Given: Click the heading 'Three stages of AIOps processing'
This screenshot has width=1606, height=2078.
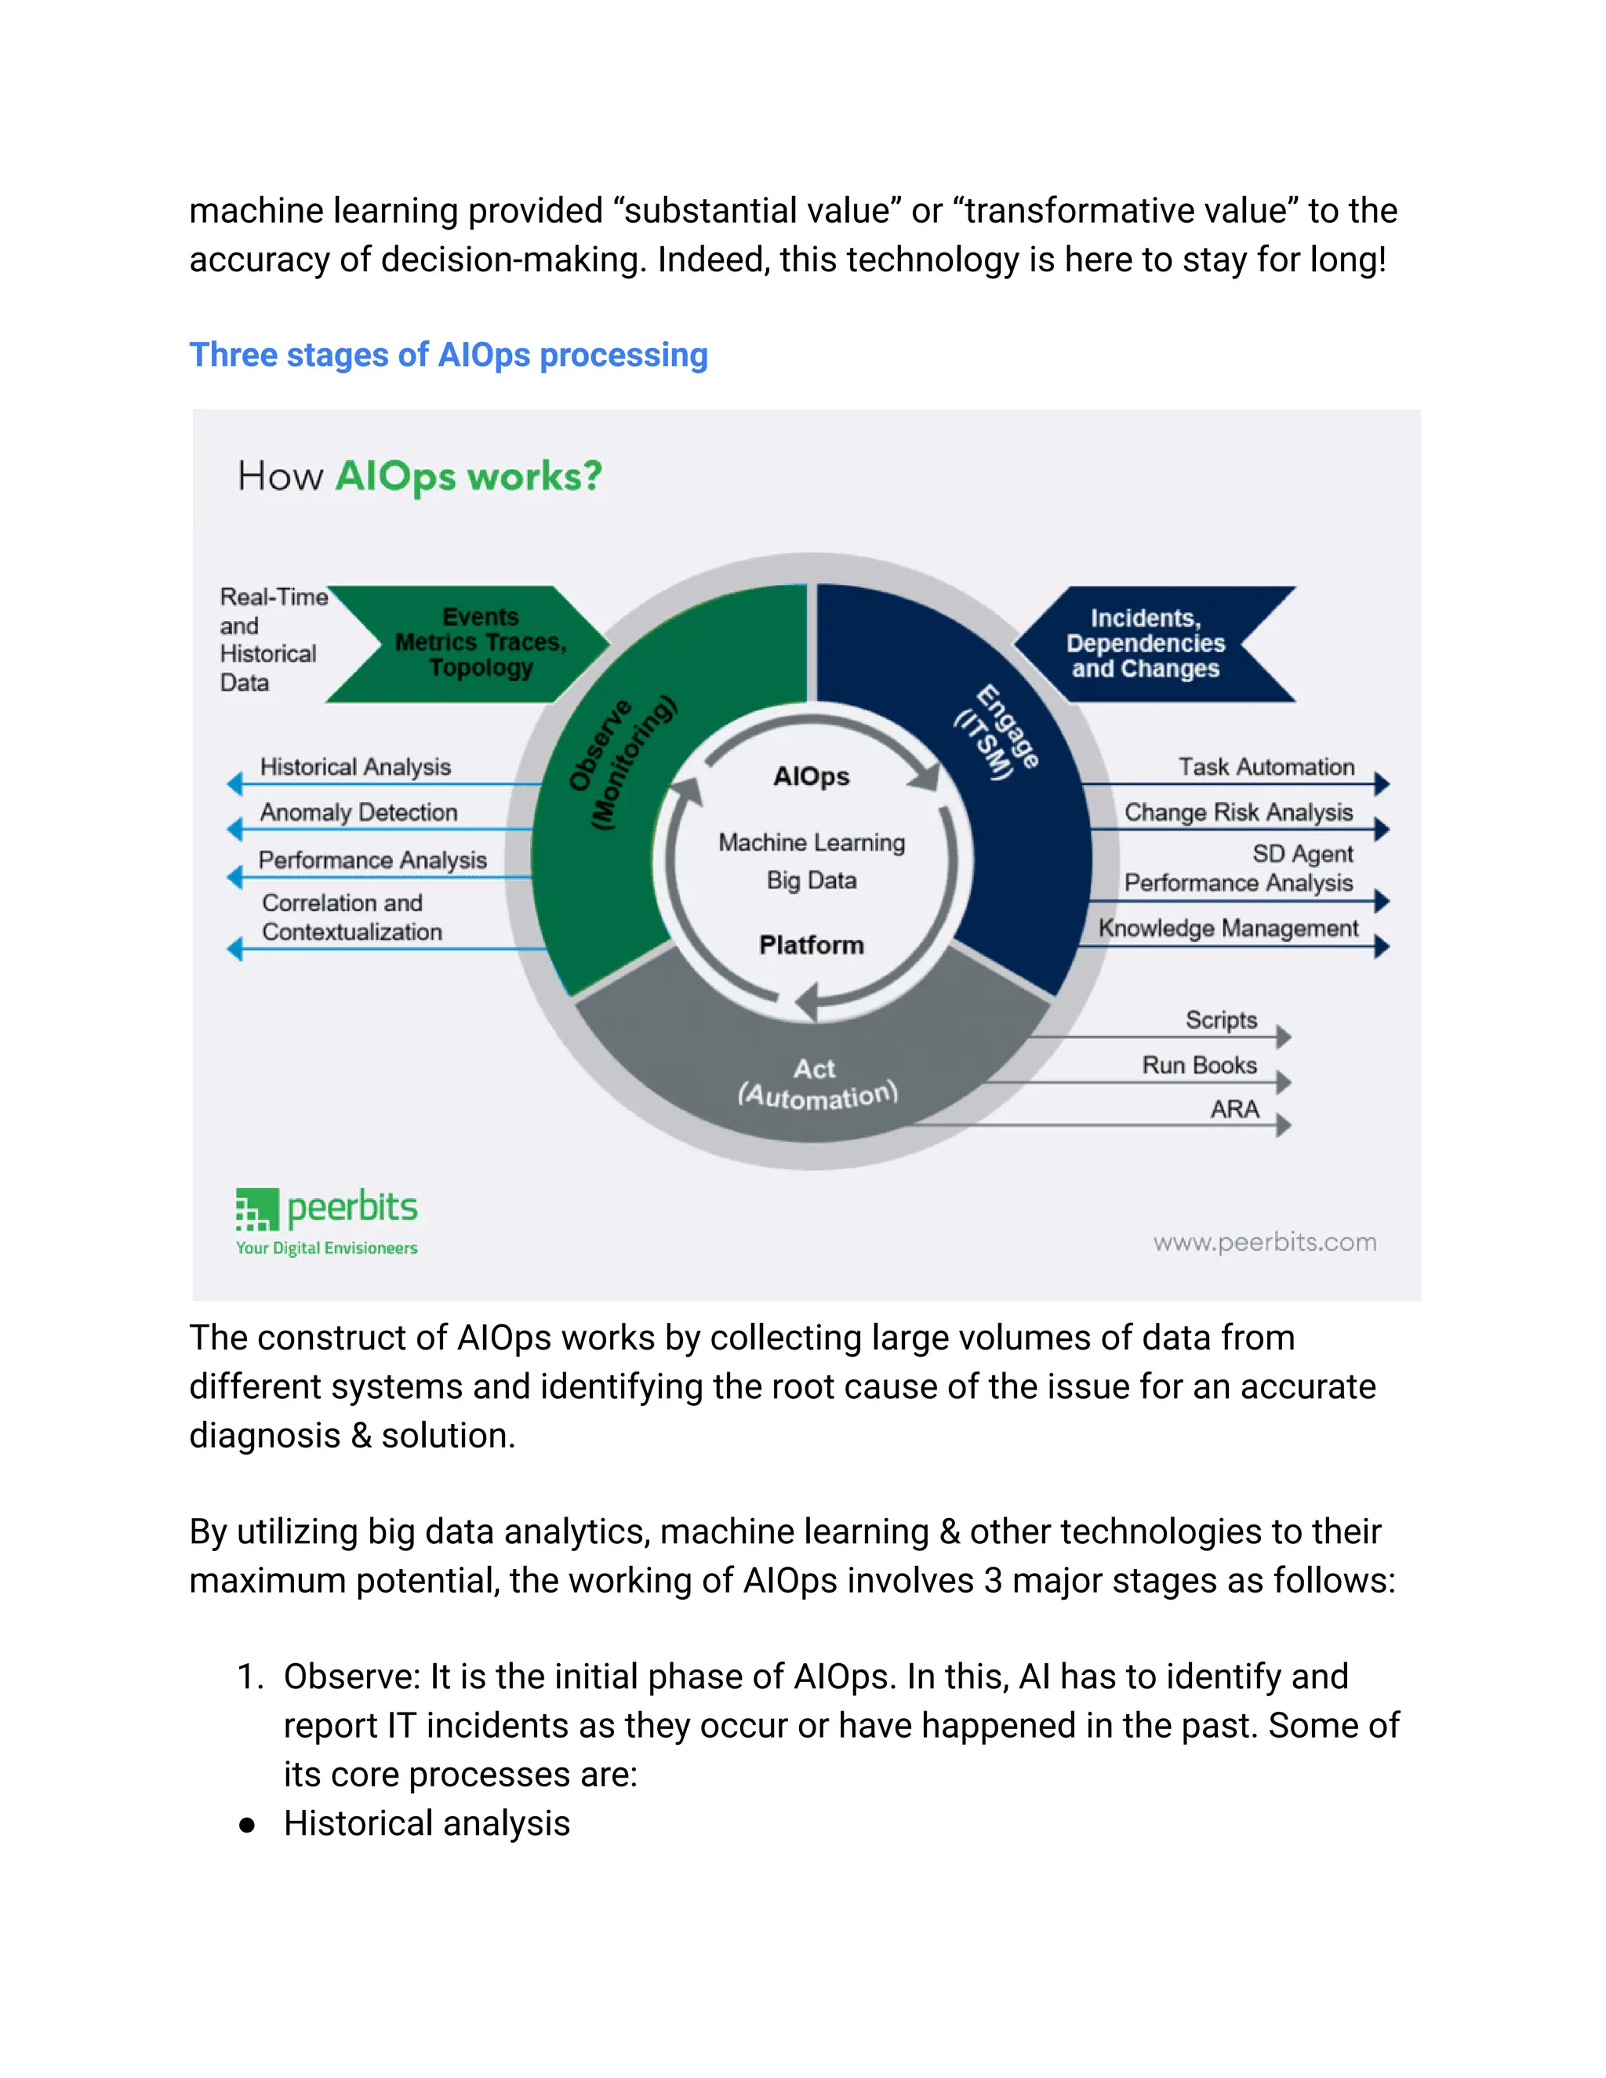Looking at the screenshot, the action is click(448, 355).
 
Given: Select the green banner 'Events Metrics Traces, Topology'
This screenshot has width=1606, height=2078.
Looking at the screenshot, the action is click(481, 643).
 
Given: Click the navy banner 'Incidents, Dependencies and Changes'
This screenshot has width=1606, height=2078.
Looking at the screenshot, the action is click(1146, 644).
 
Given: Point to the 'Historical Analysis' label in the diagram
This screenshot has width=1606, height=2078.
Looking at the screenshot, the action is click(355, 767).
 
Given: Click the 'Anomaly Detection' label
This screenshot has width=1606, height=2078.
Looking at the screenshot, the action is click(358, 812).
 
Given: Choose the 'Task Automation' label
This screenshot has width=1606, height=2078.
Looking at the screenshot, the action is click(1266, 767).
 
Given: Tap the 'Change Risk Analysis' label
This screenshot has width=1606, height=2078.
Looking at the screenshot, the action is click(1237, 812).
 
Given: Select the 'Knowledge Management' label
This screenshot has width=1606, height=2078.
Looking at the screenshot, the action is click(1227, 928).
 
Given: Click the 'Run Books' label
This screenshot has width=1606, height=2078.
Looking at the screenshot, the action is click(1199, 1066).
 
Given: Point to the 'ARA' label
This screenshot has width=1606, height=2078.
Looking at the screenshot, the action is click(1234, 1110).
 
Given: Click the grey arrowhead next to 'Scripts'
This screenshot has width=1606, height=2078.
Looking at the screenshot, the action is click(1284, 1037).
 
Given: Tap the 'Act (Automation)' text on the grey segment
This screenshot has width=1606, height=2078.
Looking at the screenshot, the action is click(817, 1084).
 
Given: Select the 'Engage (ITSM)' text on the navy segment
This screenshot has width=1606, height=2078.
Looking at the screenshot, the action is click(996, 732).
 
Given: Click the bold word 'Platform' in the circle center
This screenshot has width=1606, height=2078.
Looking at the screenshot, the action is click(812, 945).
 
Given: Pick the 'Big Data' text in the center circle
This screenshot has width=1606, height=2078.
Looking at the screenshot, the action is click(812, 881).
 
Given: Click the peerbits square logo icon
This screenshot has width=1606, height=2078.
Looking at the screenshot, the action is click(257, 1208).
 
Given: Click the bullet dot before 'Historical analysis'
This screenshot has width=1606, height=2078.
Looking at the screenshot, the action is click(247, 1825).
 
